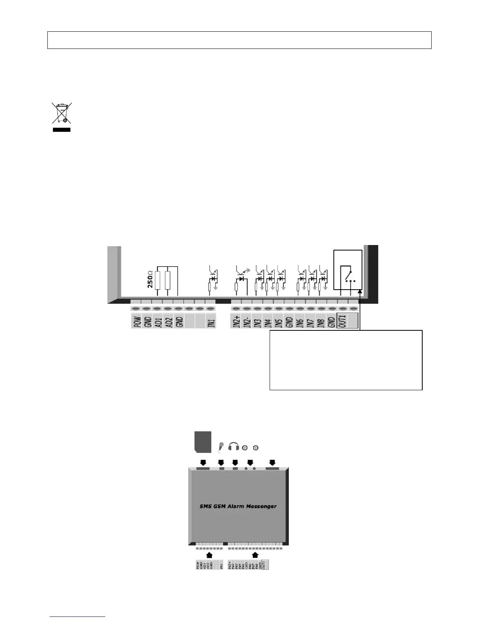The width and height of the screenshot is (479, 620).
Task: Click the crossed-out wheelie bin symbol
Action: pos(62,114)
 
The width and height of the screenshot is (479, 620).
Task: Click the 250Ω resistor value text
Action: pos(150,279)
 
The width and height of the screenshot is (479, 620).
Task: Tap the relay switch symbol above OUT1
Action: pos(348,274)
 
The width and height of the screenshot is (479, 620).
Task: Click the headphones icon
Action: pos(234,446)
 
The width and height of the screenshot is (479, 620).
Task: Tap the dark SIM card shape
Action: pos(203,442)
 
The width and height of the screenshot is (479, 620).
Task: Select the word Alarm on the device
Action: pos(236,506)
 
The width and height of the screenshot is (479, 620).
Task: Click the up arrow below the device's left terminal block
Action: pos(209,555)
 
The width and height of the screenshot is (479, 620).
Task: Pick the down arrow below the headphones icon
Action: pos(235,462)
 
